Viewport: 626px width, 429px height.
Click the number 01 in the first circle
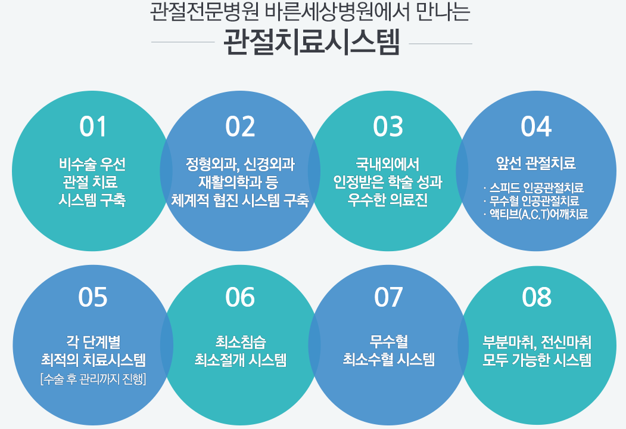[93, 126]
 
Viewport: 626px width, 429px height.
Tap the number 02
[240, 126]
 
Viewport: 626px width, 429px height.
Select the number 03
[388, 126]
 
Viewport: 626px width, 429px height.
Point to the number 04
[536, 126]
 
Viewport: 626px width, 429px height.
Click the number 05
[93, 297]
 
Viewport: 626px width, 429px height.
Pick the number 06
[240, 297]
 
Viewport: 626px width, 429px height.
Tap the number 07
[388, 297]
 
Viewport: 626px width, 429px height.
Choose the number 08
[537, 297]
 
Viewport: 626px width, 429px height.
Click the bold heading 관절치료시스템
[312, 42]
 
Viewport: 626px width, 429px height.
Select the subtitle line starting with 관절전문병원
[310, 12]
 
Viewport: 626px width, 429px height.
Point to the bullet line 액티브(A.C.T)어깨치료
[535, 214]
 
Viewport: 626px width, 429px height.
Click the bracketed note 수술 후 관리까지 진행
[93, 378]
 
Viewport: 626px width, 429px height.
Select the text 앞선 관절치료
[536, 163]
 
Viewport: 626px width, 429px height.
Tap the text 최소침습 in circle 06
[241, 342]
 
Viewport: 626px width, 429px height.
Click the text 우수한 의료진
[388, 199]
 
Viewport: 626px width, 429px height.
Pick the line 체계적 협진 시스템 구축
[240, 200]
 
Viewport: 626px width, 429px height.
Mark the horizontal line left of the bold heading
[183, 42]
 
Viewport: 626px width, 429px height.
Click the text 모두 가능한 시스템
[537, 360]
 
